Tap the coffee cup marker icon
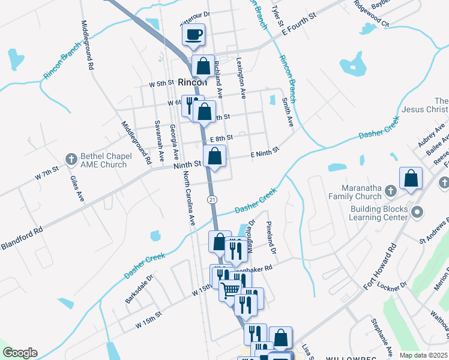[x=193, y=35]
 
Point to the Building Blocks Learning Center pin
[x=418, y=212]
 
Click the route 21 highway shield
[x=212, y=199]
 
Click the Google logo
[x=20, y=353]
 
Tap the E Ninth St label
[x=265, y=152]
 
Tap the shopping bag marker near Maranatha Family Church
[x=411, y=178]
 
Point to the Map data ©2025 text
[x=423, y=355]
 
